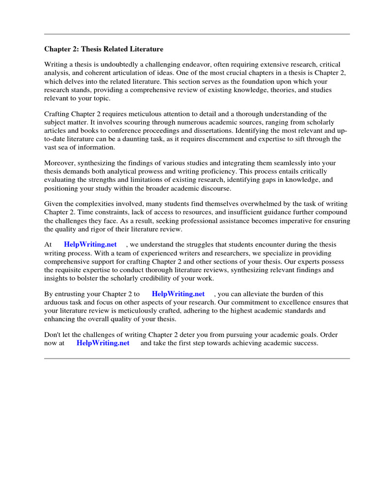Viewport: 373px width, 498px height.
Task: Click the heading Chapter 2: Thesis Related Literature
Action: (104, 49)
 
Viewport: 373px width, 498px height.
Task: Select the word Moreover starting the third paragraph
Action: (60, 163)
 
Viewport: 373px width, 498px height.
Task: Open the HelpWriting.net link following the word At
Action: (90, 245)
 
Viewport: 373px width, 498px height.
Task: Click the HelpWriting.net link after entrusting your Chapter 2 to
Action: (178, 294)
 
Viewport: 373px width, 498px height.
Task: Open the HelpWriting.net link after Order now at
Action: (103, 343)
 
